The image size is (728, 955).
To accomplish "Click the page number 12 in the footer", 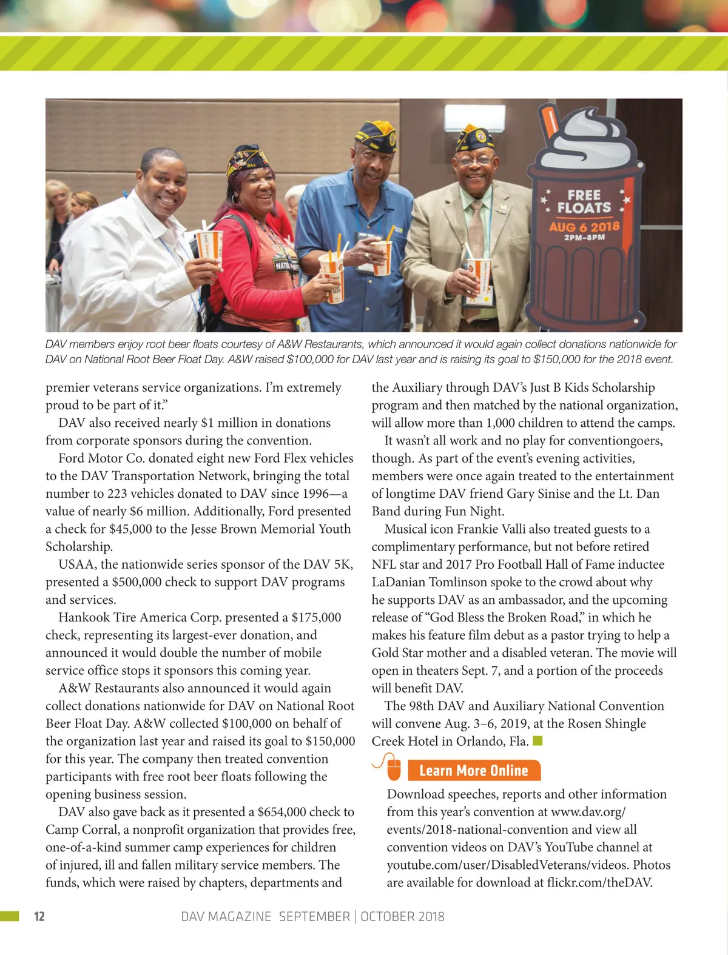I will (x=39, y=916).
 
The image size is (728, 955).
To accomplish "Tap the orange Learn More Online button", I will (x=474, y=771).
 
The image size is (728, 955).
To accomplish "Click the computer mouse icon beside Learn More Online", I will (x=393, y=768).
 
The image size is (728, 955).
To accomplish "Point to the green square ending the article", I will (x=537, y=741).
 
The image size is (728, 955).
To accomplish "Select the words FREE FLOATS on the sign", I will (x=584, y=202).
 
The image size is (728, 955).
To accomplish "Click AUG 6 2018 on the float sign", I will (x=584, y=227).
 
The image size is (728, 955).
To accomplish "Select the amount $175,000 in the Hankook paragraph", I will (x=316, y=617).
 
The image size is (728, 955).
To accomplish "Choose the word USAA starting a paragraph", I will (x=76, y=565).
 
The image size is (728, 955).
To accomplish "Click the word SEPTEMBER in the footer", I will (x=314, y=916).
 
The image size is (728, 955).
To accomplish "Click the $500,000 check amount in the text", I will (x=141, y=582).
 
